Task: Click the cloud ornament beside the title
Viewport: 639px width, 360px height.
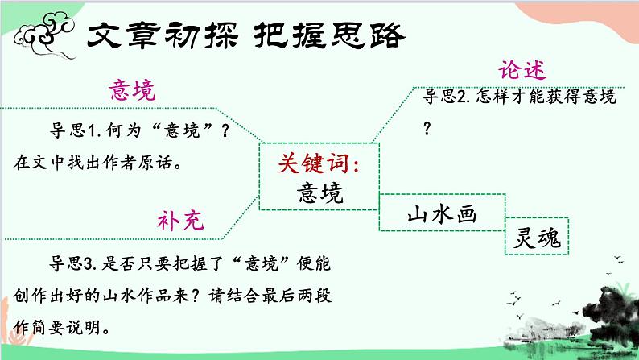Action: [45, 35]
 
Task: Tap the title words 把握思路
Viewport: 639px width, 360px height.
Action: [329, 35]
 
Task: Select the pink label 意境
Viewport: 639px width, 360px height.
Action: [132, 90]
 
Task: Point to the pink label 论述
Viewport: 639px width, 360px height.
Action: [522, 70]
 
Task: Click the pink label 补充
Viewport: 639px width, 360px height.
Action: [180, 221]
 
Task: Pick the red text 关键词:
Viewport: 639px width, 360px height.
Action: [319, 163]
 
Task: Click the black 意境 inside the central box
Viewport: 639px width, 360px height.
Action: [320, 192]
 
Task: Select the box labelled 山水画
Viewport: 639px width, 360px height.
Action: [442, 213]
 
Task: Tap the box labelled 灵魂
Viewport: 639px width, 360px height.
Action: [537, 237]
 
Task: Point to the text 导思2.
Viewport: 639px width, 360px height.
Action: [447, 97]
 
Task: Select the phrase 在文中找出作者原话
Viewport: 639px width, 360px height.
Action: [93, 163]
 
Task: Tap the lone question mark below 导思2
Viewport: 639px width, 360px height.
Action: [427, 129]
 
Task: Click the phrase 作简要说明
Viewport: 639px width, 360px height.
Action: [56, 328]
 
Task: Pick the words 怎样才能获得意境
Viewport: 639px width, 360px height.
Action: [546, 97]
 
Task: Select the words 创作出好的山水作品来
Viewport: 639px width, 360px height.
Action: [101, 296]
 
